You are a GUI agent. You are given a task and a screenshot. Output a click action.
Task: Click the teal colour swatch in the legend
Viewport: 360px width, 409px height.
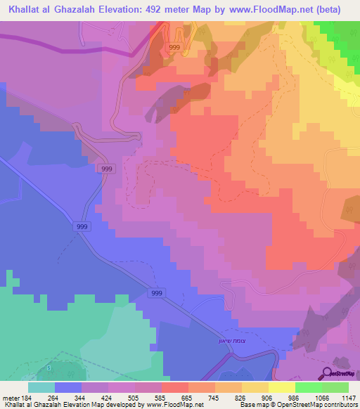(x=41, y=387)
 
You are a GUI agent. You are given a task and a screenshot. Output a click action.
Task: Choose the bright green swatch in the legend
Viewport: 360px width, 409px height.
(x=308, y=387)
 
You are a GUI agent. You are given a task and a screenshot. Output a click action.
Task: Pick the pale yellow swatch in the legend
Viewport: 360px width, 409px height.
(x=281, y=387)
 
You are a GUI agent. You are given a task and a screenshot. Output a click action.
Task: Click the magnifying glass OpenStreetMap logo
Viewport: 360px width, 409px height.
(x=328, y=373)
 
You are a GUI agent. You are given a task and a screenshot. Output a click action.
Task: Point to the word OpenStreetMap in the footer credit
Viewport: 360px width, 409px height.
(x=329, y=405)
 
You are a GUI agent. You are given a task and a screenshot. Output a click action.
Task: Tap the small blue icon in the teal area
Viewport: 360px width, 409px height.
(x=49, y=368)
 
